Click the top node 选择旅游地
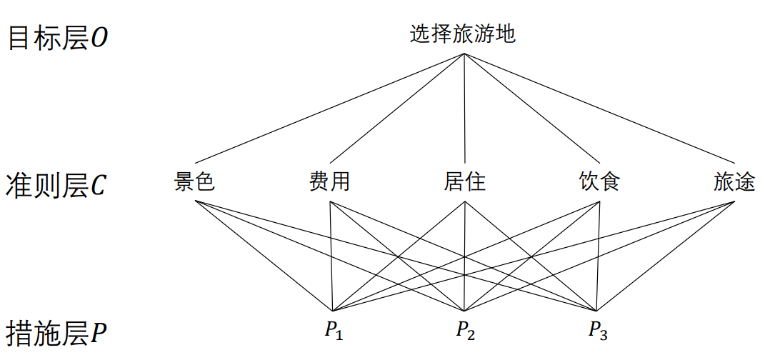coord(462,34)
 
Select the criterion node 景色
coord(194,182)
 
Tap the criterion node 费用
coord(329,182)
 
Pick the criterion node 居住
coord(465,182)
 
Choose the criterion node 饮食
coord(599,182)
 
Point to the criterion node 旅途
coord(734,182)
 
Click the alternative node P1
coord(333,330)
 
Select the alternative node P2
coord(466,330)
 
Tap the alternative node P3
coord(598,330)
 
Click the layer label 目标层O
coord(58,38)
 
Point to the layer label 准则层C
coord(56,185)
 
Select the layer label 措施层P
coord(56,332)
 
